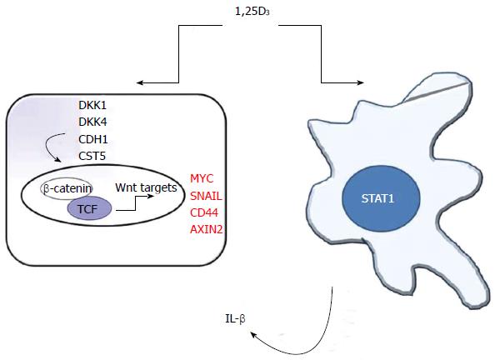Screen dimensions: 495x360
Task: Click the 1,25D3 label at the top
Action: coord(252,12)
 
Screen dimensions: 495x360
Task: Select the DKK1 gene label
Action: coord(92,105)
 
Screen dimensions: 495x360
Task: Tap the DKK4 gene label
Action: coord(92,122)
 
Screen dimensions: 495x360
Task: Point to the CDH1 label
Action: coord(93,139)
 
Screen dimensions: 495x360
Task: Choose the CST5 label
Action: coord(92,156)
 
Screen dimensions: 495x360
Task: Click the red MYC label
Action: coord(202,178)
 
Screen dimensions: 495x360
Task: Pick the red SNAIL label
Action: coord(206,196)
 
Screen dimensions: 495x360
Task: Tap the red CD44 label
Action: coord(204,212)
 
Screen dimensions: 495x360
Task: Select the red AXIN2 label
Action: coord(207,229)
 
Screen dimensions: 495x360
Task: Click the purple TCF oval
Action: coord(89,208)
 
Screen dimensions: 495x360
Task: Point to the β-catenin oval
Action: coord(67,188)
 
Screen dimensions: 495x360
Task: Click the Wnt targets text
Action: coord(146,187)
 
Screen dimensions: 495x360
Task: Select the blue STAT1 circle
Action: coord(381,199)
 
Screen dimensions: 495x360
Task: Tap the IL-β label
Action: coord(235,319)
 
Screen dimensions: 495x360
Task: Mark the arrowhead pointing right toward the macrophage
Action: coord(360,83)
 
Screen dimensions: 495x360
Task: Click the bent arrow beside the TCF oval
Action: coord(135,202)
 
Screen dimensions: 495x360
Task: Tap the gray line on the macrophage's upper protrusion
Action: coord(436,92)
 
